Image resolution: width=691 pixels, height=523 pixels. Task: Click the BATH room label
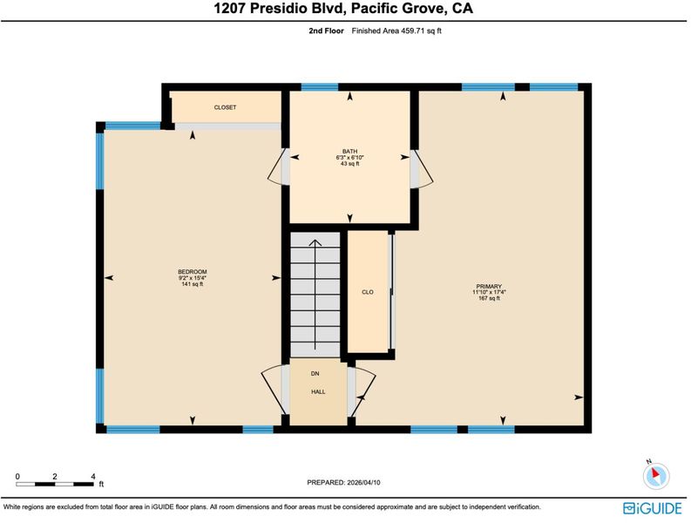tap(350, 152)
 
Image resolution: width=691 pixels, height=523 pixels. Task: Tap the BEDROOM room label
tap(193, 272)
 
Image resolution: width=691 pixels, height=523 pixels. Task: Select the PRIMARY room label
tap(489, 286)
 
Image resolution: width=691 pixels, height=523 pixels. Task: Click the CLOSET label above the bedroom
tap(225, 107)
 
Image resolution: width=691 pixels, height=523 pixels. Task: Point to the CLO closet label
tap(368, 292)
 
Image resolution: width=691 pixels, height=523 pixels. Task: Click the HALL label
tap(318, 391)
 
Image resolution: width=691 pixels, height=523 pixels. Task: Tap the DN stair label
tap(315, 373)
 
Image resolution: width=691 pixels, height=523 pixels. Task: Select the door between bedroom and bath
tap(279, 166)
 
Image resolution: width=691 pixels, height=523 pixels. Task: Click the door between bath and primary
tap(422, 169)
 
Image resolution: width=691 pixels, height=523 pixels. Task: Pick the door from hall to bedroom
tap(275, 390)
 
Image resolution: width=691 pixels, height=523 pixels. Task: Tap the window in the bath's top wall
tap(320, 87)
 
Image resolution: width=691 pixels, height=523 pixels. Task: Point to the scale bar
tap(55, 484)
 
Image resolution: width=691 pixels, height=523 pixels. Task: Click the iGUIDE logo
tap(652, 508)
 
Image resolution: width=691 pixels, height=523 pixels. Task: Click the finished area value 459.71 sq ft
tap(421, 31)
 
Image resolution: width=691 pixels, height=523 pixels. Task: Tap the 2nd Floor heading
tap(326, 31)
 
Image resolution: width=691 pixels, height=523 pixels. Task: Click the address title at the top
tap(343, 9)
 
